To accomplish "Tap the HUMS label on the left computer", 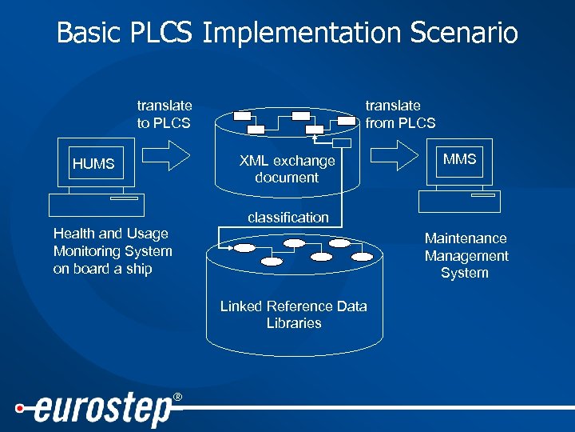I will [x=93, y=164].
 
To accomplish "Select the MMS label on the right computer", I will [x=459, y=159].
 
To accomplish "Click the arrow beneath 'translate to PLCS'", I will [x=169, y=154].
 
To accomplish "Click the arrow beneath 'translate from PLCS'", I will [x=396, y=154].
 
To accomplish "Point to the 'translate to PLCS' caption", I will [x=164, y=114].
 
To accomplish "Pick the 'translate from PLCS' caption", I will [x=400, y=114].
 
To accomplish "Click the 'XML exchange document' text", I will [x=287, y=170].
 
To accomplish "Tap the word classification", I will [x=287, y=218].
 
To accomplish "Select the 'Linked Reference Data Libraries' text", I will [x=293, y=314].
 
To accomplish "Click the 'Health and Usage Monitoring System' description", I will [x=112, y=251].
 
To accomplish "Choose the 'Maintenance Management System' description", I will [x=466, y=256].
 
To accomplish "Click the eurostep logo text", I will [x=103, y=410].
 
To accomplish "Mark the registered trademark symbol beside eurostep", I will [x=177, y=398].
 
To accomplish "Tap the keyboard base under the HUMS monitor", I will [x=96, y=206].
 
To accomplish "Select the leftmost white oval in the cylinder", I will [x=244, y=248].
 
